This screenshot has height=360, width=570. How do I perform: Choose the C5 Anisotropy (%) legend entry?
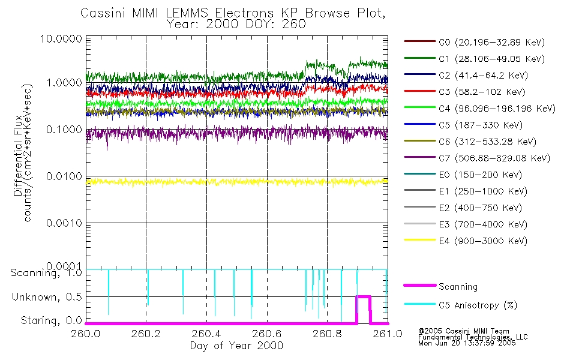[x=478, y=305]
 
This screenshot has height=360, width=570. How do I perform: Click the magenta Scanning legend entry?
[x=458, y=287]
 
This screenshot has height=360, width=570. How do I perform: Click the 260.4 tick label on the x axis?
[x=206, y=335]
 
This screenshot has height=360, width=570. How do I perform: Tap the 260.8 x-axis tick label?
[x=327, y=335]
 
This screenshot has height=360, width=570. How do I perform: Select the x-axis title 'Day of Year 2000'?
[x=236, y=346]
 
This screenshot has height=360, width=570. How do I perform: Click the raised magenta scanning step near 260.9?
[x=364, y=296]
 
